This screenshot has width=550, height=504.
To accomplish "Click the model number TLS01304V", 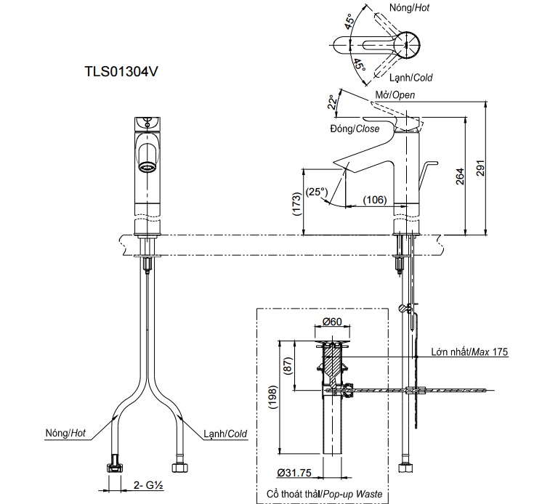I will point(122,73).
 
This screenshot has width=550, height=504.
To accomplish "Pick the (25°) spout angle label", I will point(317,192).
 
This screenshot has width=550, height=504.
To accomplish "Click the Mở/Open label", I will point(395,95).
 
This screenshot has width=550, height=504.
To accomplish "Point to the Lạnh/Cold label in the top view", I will point(413,77).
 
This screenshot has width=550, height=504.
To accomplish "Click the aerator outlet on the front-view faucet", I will point(147,167).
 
